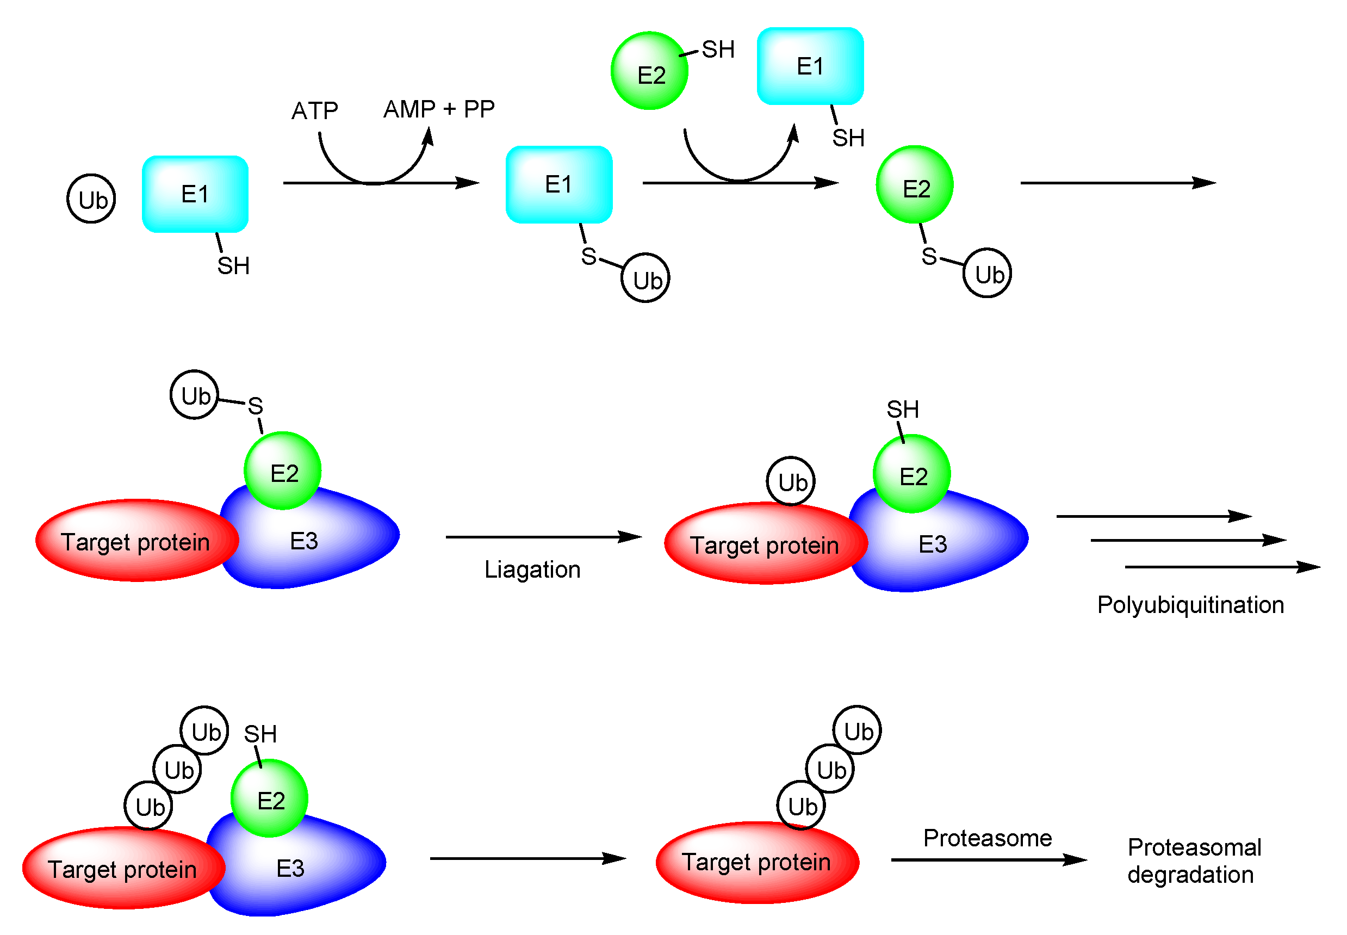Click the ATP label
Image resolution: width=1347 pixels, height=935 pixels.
tap(314, 111)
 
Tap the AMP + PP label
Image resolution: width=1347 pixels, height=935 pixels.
tap(439, 109)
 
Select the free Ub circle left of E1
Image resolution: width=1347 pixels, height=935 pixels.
tap(91, 199)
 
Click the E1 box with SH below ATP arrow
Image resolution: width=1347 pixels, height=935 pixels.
tap(195, 194)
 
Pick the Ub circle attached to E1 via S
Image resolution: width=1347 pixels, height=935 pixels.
tap(645, 278)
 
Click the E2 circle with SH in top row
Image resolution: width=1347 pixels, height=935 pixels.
tap(649, 71)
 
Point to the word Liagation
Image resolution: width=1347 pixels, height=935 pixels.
tap(532, 569)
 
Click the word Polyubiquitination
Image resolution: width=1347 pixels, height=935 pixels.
tap(1189, 605)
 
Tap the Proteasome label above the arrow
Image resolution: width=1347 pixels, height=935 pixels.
tap(987, 838)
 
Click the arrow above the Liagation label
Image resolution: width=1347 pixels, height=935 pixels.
tap(543, 537)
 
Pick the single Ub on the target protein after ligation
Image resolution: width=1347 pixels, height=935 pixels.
tap(790, 481)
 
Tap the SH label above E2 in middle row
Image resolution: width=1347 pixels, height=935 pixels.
tap(902, 409)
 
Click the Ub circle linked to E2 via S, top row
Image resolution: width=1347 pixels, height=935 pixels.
tap(987, 273)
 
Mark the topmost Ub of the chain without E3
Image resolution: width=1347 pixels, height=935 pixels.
tap(856, 730)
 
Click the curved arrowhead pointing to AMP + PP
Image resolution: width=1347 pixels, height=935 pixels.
tap(429, 136)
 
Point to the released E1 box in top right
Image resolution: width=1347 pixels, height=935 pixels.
tap(809, 66)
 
